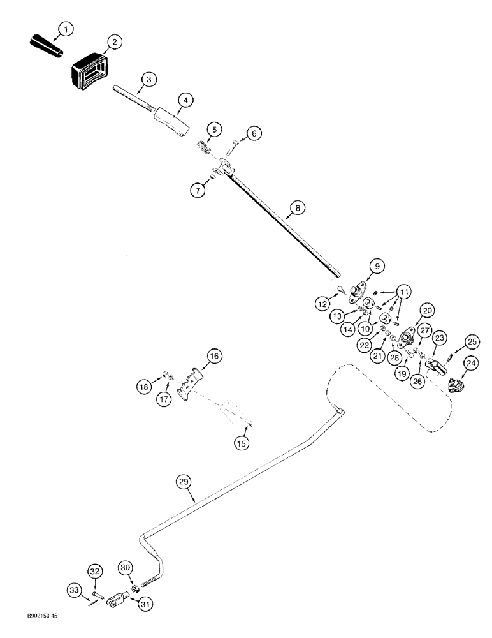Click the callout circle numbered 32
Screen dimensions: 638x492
click(94, 571)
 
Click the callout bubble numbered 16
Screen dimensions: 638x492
click(213, 357)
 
